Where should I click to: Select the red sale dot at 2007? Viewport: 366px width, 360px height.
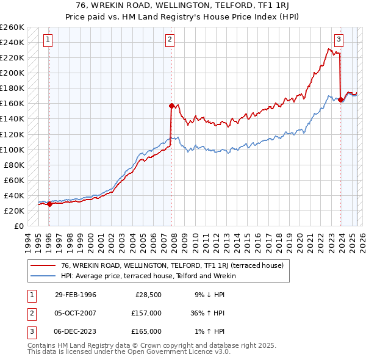(x=171, y=106)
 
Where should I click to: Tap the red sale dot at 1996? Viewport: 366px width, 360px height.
(x=50, y=204)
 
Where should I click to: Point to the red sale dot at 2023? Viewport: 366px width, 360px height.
(x=340, y=99)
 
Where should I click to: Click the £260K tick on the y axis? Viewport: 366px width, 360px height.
(x=12, y=27)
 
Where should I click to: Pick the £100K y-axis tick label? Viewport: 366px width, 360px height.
(x=12, y=149)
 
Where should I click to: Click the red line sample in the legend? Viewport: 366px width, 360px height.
(x=43, y=266)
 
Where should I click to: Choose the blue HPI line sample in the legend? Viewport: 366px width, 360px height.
(x=43, y=276)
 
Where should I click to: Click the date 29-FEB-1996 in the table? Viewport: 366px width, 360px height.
(x=75, y=295)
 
